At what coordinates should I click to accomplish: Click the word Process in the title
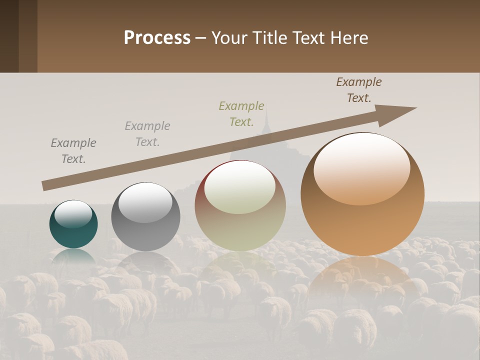pyautogui.click(x=157, y=38)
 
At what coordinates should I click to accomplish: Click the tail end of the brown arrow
pyautogui.click(x=45, y=185)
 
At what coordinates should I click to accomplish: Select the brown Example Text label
pyautogui.click(x=358, y=90)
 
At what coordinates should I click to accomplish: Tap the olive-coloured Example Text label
pyautogui.click(x=241, y=114)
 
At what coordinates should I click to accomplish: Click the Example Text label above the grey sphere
pyautogui.click(x=147, y=134)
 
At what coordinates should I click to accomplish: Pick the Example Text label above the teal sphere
pyautogui.click(x=73, y=151)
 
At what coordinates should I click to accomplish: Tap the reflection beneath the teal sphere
pyautogui.click(x=73, y=256)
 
